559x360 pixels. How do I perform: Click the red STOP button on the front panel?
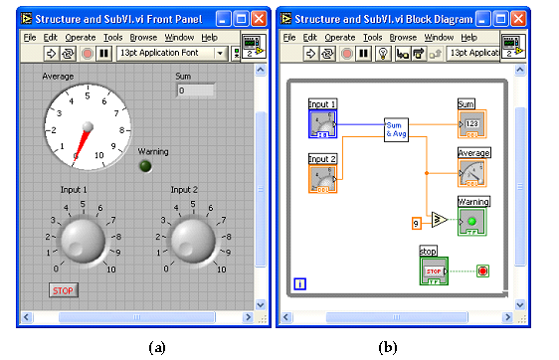(64, 290)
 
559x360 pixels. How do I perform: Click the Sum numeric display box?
(195, 91)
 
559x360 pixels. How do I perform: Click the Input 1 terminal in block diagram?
(322, 123)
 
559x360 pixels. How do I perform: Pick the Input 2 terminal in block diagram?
(322, 176)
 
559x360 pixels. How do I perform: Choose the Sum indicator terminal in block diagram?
(471, 123)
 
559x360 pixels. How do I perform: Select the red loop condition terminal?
(482, 270)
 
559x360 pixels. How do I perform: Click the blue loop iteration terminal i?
(300, 283)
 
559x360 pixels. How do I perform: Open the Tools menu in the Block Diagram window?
(373, 37)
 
